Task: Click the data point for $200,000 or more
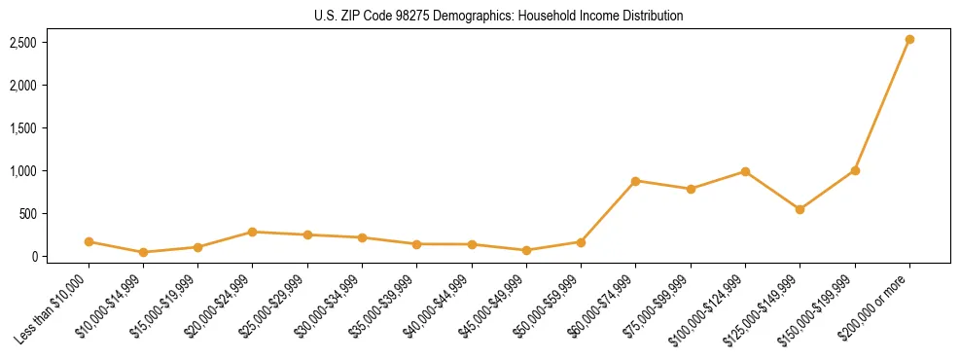909,40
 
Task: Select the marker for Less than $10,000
89,241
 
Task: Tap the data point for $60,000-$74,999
635,181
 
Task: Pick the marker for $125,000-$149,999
800,209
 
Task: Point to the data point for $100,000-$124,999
745,171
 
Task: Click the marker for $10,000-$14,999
143,252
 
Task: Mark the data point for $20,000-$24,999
252,232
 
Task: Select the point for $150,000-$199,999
855,170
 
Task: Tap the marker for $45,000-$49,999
526,250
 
